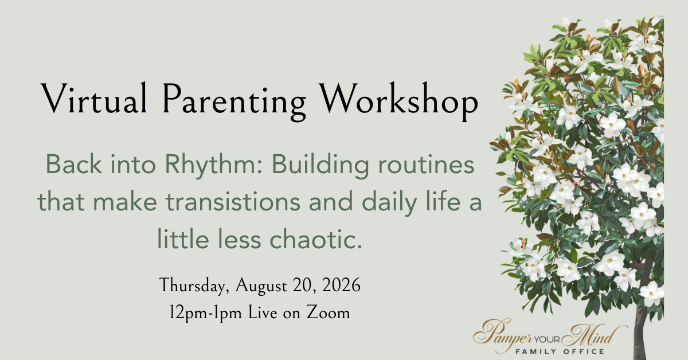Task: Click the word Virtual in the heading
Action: (x=93, y=98)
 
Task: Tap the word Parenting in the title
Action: (x=234, y=101)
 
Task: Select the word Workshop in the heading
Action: (x=398, y=101)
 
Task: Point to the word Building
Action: (x=320, y=166)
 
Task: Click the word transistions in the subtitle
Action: (x=233, y=202)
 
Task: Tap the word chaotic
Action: (x=316, y=239)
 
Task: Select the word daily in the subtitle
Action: (x=389, y=203)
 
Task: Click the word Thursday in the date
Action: (x=194, y=285)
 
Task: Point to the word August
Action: (x=261, y=285)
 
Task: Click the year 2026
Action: (x=341, y=285)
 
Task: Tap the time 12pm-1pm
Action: (x=205, y=313)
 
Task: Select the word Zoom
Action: (x=328, y=312)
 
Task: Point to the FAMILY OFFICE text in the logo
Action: (x=560, y=351)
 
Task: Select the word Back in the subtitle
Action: (x=74, y=165)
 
